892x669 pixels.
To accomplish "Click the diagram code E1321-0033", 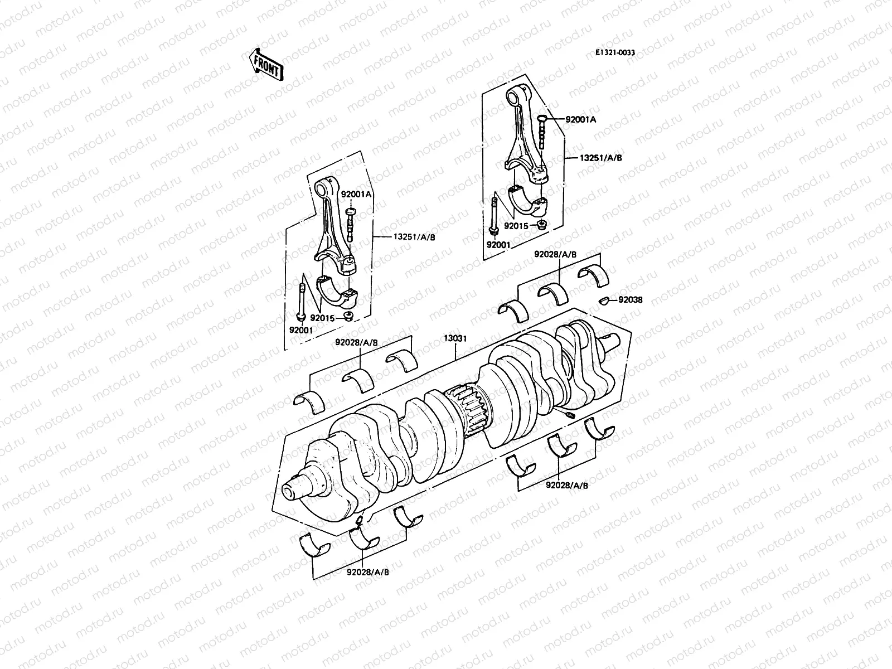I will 615,52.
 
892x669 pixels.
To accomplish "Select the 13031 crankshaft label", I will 455,338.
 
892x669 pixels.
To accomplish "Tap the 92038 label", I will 630,300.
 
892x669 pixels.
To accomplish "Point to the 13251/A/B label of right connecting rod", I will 600,158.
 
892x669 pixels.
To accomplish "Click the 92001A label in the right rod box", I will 580,119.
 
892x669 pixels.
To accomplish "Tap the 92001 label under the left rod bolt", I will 301,330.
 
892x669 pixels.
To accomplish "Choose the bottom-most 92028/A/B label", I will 363,571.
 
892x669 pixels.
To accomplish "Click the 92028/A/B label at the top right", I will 555,254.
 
